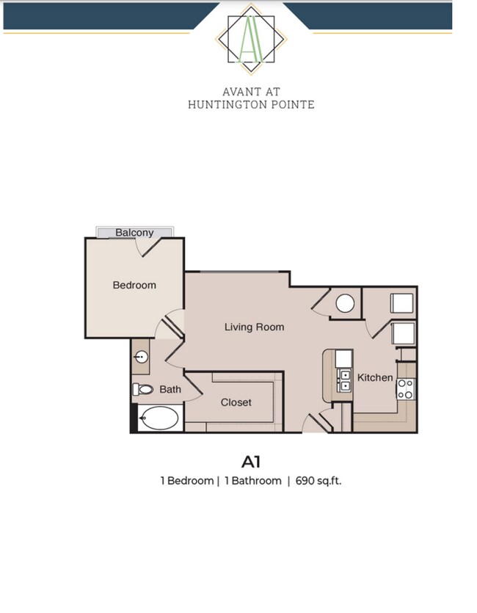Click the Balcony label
click(x=135, y=233)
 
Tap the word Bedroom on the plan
click(x=134, y=285)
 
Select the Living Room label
click(x=254, y=327)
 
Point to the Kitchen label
click(x=375, y=377)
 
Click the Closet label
click(x=236, y=402)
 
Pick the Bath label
click(x=170, y=389)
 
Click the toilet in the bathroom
click(x=142, y=390)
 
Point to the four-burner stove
click(x=407, y=389)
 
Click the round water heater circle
click(x=345, y=303)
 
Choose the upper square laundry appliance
click(x=401, y=302)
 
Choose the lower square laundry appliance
click(x=403, y=334)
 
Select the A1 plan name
click(x=252, y=462)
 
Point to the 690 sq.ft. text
click(x=318, y=482)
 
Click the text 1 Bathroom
click(x=252, y=482)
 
